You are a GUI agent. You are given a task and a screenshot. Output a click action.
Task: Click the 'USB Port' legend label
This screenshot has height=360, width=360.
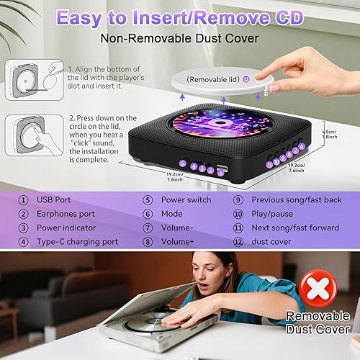tap(57, 200)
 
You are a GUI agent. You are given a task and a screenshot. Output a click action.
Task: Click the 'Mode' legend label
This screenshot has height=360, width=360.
tap(171, 214)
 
